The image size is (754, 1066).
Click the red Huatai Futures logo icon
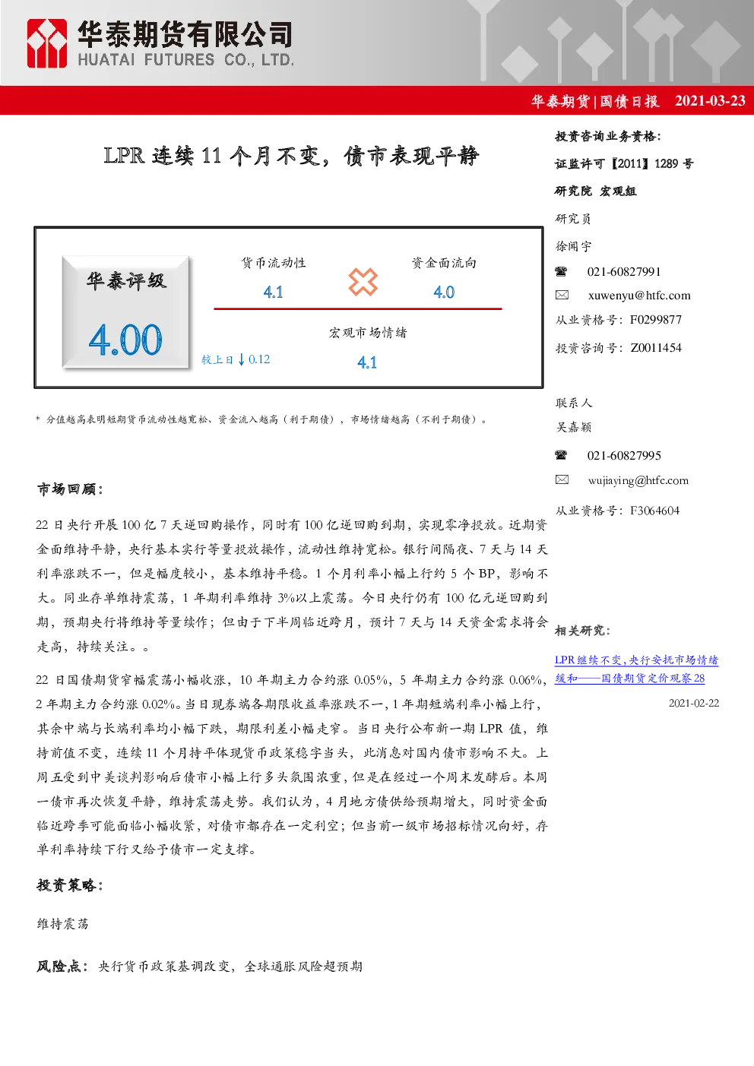(46, 43)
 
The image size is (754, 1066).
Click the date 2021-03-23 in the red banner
(710, 101)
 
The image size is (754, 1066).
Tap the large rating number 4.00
(125, 340)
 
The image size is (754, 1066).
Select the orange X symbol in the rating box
(363, 282)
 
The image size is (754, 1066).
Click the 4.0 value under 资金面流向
(444, 292)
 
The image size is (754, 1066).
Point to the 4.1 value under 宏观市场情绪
(367, 362)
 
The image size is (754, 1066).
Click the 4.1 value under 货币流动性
(273, 292)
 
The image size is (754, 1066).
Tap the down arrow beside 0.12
(242, 359)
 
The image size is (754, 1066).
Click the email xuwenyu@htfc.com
(639, 296)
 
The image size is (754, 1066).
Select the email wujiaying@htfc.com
(638, 481)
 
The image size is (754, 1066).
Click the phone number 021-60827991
(624, 272)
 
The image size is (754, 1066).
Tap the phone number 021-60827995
(624, 455)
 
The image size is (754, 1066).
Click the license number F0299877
(656, 319)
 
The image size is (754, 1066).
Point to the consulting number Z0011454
(656, 348)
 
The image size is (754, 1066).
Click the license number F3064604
(655, 511)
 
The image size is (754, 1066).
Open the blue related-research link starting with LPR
(636, 669)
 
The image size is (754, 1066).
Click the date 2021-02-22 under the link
(694, 704)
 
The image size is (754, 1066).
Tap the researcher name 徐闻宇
(573, 246)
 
